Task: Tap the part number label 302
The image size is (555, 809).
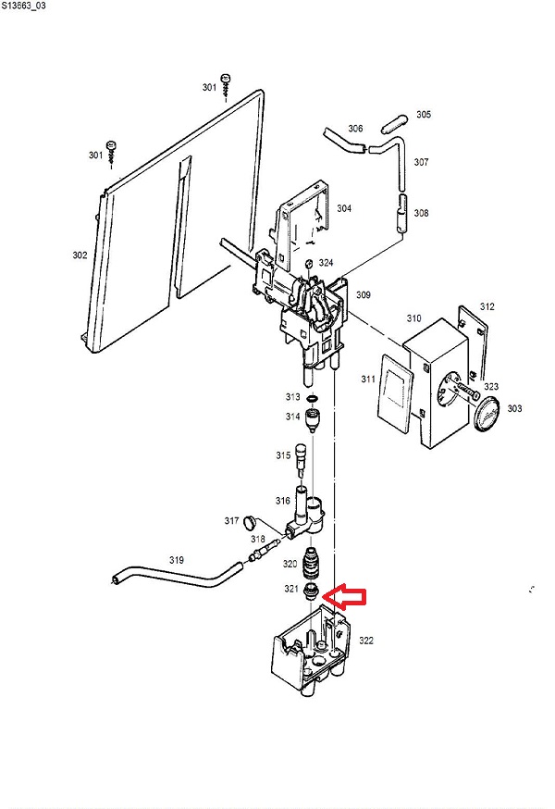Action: point(80,255)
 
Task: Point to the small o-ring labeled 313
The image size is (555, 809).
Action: point(312,398)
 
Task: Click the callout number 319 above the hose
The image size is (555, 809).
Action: point(177,560)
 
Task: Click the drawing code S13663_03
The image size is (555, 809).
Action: point(23,6)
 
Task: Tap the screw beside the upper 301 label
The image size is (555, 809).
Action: point(226,86)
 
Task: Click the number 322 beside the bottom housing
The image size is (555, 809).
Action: point(366,641)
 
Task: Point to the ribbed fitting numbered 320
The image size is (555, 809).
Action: point(311,565)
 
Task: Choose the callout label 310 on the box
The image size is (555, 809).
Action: point(413,318)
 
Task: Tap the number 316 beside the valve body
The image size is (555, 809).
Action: point(283,501)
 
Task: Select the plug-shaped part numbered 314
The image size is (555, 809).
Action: point(313,420)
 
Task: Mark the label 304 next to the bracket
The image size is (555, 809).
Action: point(344,208)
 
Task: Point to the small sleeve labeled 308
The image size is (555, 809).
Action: point(401,214)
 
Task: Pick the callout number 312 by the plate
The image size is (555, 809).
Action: point(487,306)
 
